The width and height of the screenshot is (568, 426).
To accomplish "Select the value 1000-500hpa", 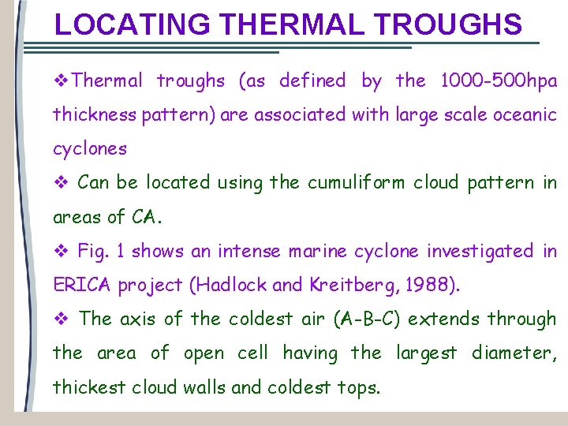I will [x=499, y=80].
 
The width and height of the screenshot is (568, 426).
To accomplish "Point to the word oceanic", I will [x=525, y=114].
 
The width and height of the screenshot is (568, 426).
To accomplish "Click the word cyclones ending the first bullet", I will [x=89, y=149].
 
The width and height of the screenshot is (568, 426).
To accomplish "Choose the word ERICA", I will [x=83, y=286].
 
